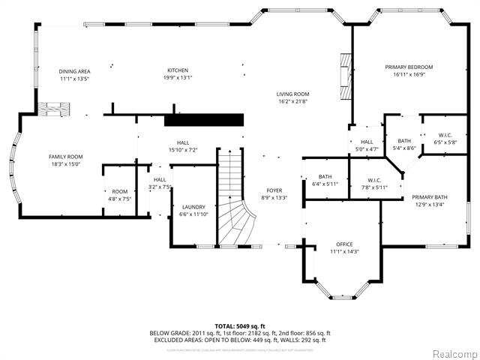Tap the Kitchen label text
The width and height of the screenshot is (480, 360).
coord(177,70)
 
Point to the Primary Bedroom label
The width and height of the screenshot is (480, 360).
coord(409,67)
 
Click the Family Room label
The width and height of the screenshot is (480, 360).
coord(64,156)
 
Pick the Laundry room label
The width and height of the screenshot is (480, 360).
coord(193,207)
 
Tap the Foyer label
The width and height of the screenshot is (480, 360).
coord(274,190)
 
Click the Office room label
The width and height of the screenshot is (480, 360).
coord(344,244)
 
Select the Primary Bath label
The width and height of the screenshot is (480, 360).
coord(428,198)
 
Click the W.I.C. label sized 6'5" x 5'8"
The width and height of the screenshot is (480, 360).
coord(445,136)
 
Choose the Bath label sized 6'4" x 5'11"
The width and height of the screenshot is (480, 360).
coord(325,177)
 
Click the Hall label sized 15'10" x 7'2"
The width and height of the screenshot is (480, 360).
coord(183,142)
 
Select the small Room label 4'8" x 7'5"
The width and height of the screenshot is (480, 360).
coord(120,192)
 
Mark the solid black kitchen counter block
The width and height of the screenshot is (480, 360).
coord(204,120)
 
